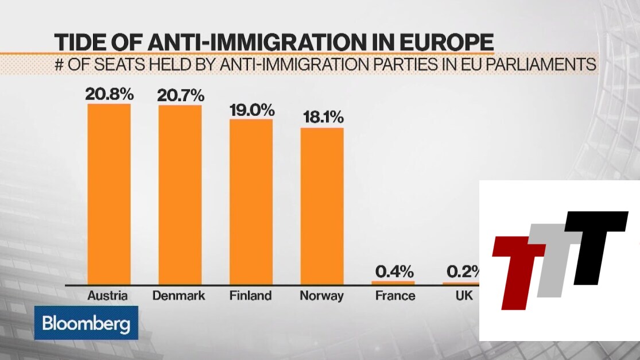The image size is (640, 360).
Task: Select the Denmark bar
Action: pyautogui.click(x=180, y=195)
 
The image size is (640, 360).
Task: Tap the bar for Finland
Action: pyautogui.click(x=251, y=202)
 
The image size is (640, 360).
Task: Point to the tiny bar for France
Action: pyautogui.click(x=393, y=282)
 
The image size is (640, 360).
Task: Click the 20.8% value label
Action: pyautogui.click(x=108, y=94)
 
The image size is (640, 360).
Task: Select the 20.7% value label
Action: pyautogui.click(x=180, y=95)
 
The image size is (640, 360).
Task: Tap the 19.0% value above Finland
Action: pyautogui.click(x=251, y=109)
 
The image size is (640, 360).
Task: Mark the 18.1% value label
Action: pyautogui.click(x=322, y=117)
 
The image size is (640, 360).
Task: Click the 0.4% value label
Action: pyautogui.click(x=393, y=271)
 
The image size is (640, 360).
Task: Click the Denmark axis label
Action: pyautogui.click(x=179, y=296)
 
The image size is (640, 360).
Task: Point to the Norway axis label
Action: pyautogui.click(x=321, y=296)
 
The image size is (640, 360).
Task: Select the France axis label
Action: pyautogui.click(x=395, y=296)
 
